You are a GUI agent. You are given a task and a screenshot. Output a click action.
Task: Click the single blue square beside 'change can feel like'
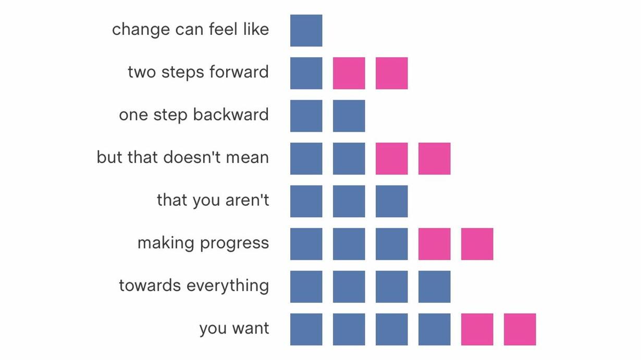click(306, 30)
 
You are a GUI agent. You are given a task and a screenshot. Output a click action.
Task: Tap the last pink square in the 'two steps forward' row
click(391, 73)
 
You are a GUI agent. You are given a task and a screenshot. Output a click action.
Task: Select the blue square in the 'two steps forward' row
click(306, 73)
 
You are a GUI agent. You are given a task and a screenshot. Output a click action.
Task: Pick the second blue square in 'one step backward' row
click(349, 116)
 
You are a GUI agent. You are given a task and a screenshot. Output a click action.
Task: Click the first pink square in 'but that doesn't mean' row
click(391, 158)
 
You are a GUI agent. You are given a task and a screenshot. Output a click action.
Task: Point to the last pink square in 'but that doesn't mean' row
click(435, 158)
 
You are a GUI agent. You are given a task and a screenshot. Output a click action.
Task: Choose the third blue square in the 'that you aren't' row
click(391, 201)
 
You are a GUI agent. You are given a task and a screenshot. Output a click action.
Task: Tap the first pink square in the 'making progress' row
click(435, 244)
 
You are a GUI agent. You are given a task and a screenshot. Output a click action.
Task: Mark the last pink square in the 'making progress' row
click(477, 244)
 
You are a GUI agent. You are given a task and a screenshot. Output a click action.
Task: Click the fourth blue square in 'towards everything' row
click(435, 287)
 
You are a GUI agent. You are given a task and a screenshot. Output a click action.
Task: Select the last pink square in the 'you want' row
click(520, 329)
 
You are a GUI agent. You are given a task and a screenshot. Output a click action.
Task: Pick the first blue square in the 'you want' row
click(306, 329)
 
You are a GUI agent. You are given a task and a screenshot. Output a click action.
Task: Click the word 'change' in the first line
click(141, 30)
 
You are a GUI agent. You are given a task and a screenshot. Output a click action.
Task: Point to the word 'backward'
click(231, 115)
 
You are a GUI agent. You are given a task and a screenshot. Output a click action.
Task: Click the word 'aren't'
click(247, 200)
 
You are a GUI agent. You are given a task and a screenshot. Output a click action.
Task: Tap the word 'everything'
click(228, 286)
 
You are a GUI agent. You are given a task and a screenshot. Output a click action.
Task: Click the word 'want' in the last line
click(251, 328)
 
